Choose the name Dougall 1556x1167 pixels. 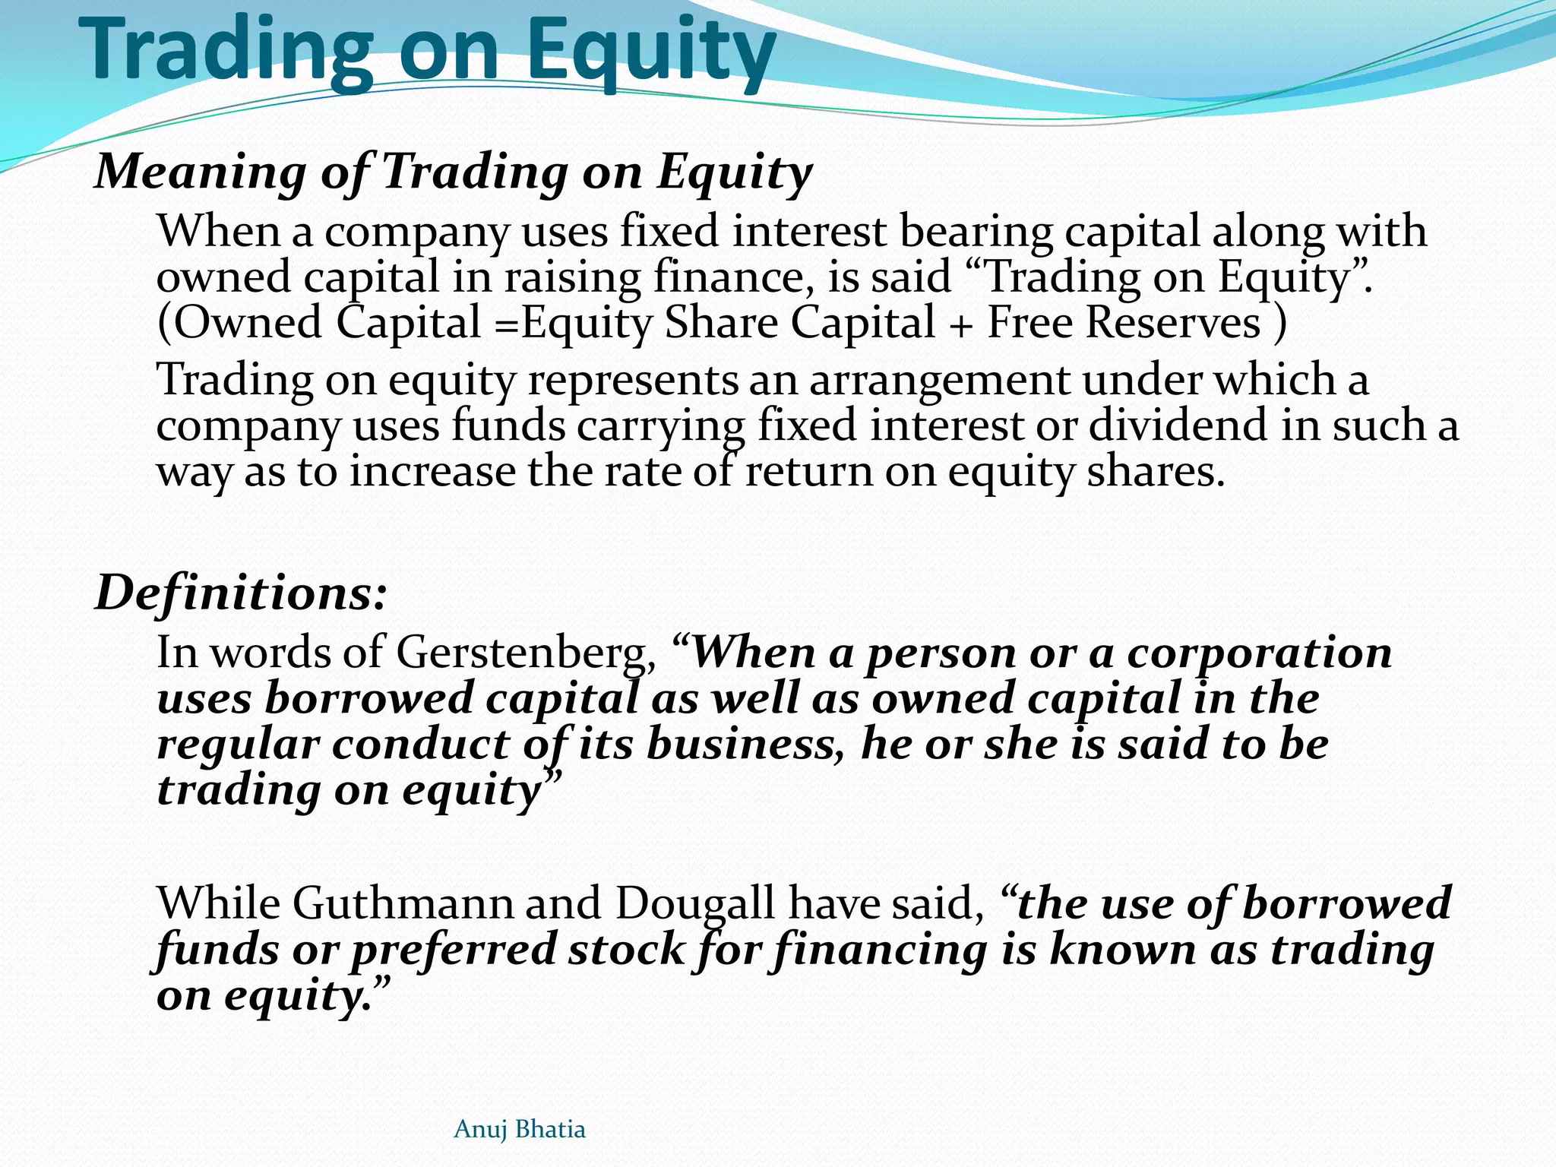(x=694, y=904)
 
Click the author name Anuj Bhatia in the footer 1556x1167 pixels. (x=519, y=1129)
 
